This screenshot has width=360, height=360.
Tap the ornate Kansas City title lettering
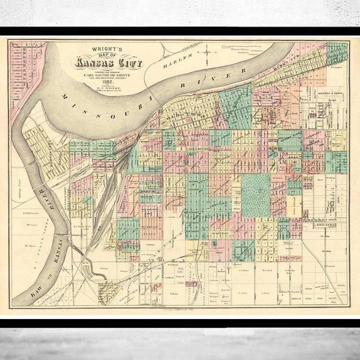(x=108, y=63)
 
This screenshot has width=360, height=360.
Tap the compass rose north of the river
(x=206, y=51)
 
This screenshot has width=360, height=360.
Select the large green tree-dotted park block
(x=255, y=195)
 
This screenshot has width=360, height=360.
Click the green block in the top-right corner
(x=337, y=53)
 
